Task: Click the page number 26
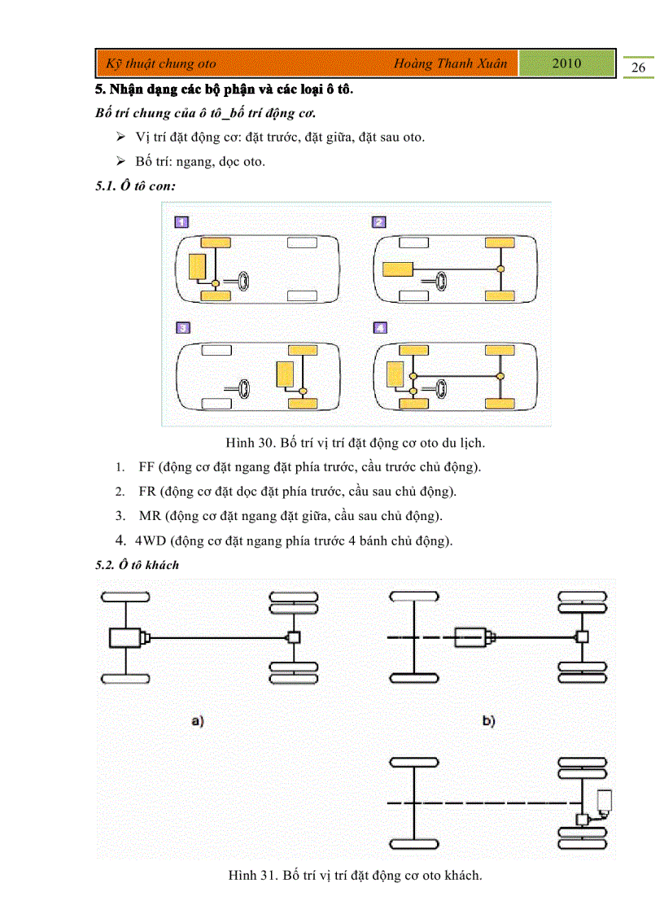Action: click(638, 68)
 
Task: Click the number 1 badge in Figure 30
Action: click(182, 221)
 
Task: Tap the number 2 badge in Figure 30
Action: click(379, 221)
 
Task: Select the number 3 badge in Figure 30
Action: click(182, 328)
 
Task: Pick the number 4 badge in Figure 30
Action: click(379, 328)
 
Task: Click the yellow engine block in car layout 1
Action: click(197, 266)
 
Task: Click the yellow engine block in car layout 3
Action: click(286, 374)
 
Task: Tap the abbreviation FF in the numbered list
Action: click(146, 467)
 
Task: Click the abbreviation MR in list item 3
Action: click(149, 516)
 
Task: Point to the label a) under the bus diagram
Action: click(196, 720)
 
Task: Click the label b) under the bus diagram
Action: click(488, 720)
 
